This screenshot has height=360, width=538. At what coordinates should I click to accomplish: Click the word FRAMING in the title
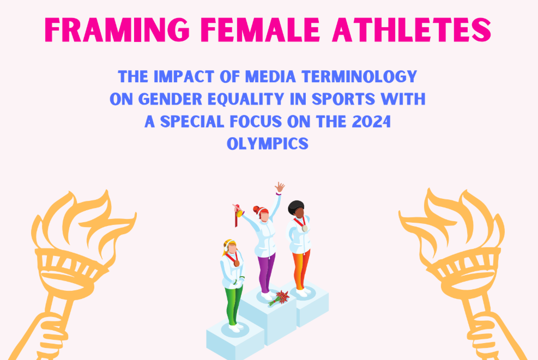[117, 29]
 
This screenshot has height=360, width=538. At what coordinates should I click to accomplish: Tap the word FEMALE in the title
[261, 29]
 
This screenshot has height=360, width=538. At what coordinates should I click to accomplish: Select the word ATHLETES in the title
[412, 29]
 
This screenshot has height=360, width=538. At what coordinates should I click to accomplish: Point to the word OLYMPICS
[268, 144]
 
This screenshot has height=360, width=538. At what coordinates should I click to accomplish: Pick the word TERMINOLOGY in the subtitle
[359, 76]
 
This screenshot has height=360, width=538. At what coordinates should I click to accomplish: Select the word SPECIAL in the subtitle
[192, 121]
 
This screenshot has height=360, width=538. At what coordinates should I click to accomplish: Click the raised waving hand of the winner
[280, 187]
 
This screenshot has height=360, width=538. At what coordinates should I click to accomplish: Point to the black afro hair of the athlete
[295, 207]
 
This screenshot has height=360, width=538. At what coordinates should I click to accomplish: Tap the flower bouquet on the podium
[279, 297]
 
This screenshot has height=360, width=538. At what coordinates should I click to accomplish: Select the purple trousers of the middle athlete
[266, 272]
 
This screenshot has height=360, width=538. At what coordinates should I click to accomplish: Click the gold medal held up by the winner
[239, 213]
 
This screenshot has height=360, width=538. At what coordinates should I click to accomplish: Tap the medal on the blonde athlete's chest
[237, 263]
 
